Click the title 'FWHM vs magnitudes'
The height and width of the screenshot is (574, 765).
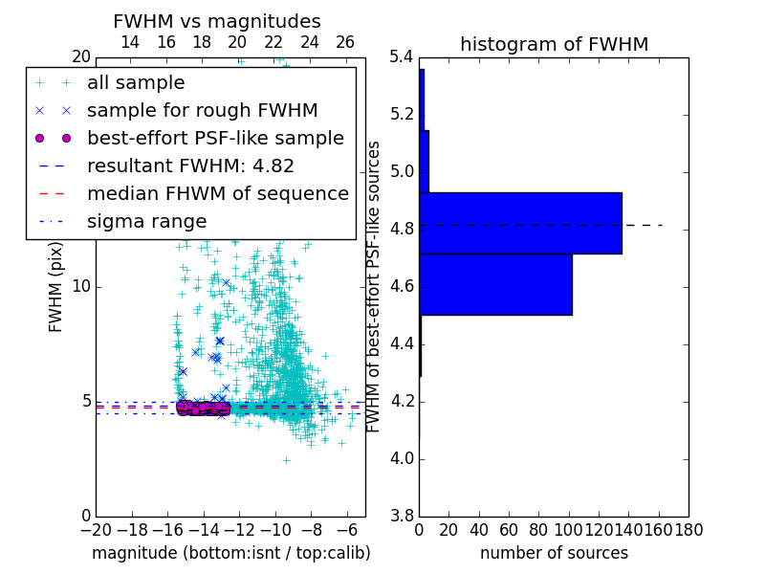click(217, 22)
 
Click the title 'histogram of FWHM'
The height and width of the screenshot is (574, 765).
click(554, 45)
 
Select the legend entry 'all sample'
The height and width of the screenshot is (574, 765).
click(136, 83)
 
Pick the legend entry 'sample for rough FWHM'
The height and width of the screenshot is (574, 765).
click(202, 111)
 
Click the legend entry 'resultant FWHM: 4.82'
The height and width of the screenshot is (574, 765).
click(190, 166)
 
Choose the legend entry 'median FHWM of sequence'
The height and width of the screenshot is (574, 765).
click(217, 194)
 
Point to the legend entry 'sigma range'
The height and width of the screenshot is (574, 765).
click(146, 222)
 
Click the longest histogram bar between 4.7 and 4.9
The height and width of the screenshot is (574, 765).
click(520, 223)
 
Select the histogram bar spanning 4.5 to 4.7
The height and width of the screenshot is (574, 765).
click(495, 284)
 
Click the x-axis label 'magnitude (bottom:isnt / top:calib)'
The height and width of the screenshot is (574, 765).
click(230, 554)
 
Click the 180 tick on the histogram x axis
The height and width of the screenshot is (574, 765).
click(688, 529)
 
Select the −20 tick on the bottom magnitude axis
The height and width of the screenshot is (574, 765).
click(95, 529)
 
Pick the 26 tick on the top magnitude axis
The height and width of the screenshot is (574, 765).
click(345, 43)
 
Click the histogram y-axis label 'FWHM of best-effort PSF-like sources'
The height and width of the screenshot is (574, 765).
click(375, 287)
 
